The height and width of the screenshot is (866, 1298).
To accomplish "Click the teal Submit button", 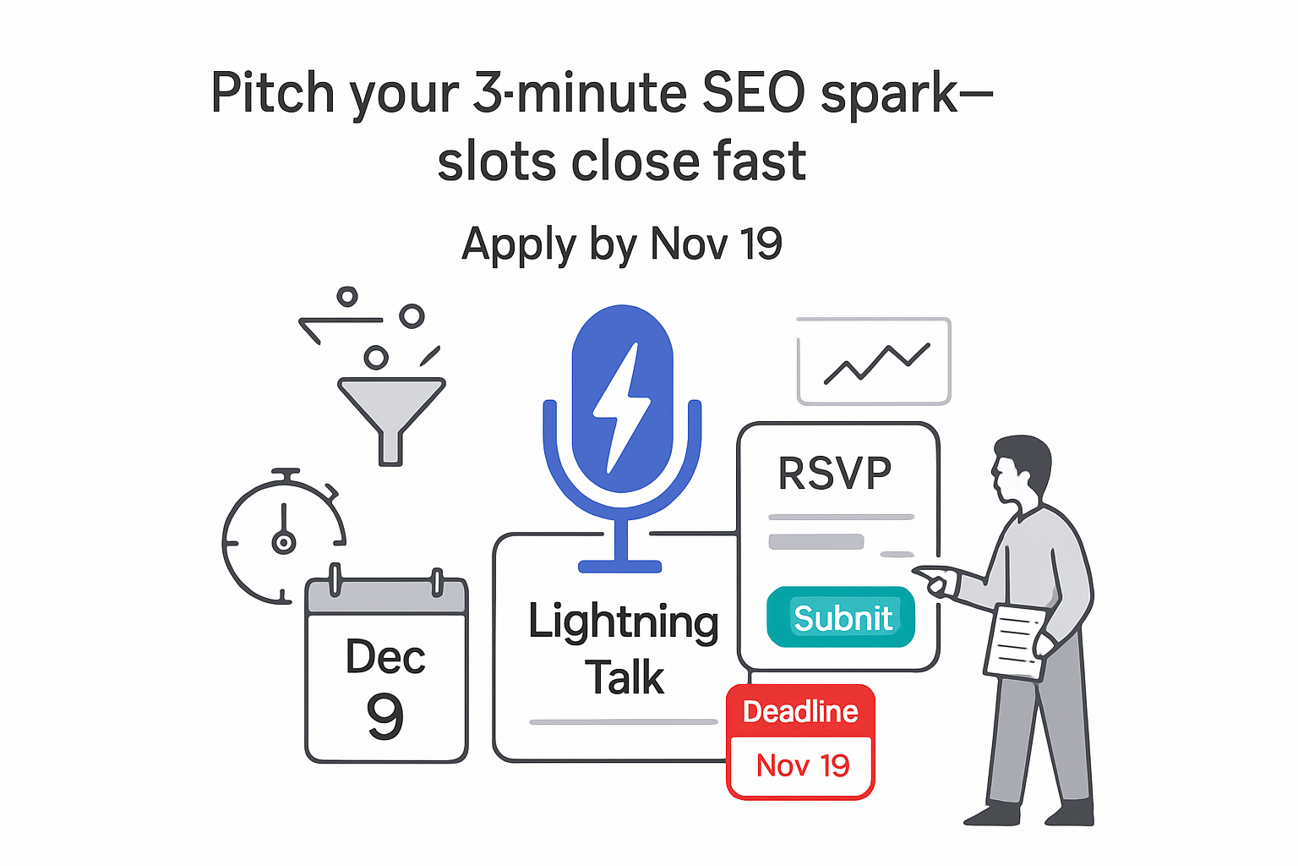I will pyautogui.click(x=841, y=617).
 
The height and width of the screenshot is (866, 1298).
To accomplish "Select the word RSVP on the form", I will pyautogui.click(x=834, y=474).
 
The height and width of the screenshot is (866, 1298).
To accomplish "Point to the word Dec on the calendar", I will pyautogui.click(x=385, y=657).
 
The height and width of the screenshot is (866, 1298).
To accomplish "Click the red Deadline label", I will pyautogui.click(x=800, y=712).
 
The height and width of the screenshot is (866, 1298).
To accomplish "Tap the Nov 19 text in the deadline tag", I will pyautogui.click(x=802, y=766).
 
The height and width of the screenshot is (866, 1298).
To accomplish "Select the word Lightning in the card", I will pyautogui.click(x=624, y=622).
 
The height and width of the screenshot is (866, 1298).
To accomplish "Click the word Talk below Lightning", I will pyautogui.click(x=624, y=677).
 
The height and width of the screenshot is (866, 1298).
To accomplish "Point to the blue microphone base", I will pyautogui.click(x=620, y=566).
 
